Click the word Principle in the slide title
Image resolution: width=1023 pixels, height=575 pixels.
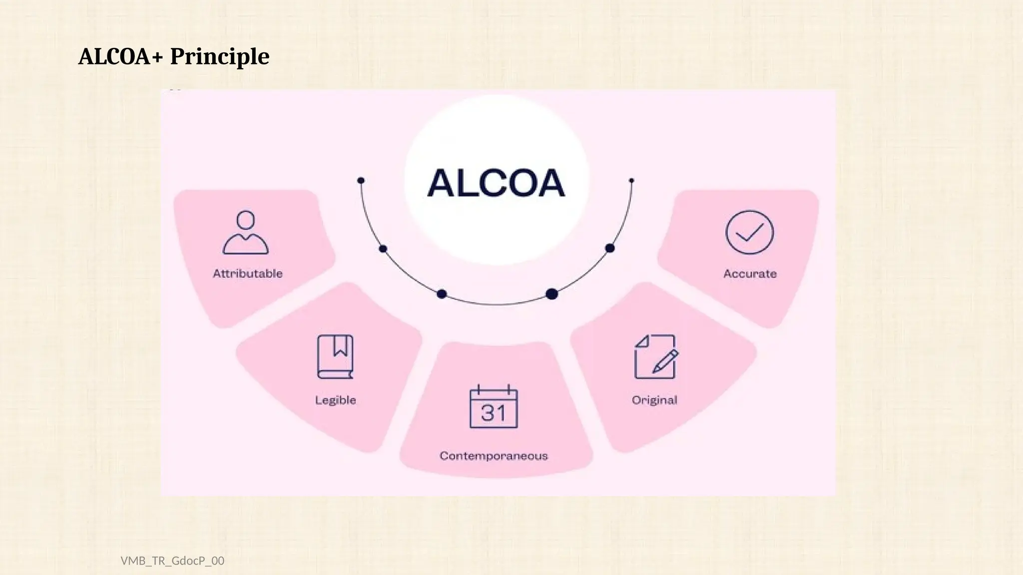click(x=220, y=57)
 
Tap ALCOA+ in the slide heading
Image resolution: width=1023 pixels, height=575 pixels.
click(x=121, y=57)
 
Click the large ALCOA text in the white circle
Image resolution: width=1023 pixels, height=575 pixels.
click(x=496, y=183)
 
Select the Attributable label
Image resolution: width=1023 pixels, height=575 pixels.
click(x=248, y=274)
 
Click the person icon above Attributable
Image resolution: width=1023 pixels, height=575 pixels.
click(x=245, y=233)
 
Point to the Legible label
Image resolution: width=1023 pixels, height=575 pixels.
click(x=335, y=400)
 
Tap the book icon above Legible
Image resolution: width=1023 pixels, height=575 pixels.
click(x=335, y=356)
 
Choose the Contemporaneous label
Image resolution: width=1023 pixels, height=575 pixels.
click(x=494, y=456)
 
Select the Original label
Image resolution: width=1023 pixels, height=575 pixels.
click(x=654, y=400)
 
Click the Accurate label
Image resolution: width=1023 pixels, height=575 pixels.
click(x=750, y=274)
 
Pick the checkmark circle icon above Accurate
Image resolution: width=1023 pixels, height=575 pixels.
click(x=749, y=233)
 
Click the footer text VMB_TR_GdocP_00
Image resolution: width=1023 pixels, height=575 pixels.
click(x=172, y=561)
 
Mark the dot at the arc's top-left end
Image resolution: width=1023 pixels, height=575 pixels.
click(x=361, y=180)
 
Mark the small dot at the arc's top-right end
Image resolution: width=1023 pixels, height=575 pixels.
click(x=631, y=180)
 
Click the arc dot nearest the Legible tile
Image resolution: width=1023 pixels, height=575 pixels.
click(x=442, y=294)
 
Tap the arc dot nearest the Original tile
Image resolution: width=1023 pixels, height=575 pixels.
click(x=551, y=294)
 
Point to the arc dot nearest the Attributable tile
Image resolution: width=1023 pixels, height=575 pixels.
click(x=383, y=249)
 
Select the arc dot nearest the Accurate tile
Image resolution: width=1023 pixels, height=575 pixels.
click(x=610, y=248)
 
